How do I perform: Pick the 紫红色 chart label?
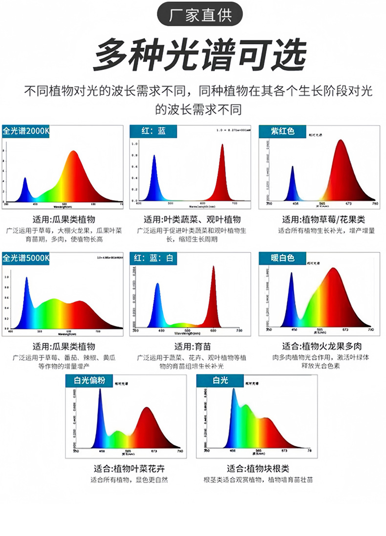(282, 131)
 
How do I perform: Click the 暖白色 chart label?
(282, 258)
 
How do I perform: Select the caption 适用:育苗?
(193, 347)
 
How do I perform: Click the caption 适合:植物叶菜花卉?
(129, 469)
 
